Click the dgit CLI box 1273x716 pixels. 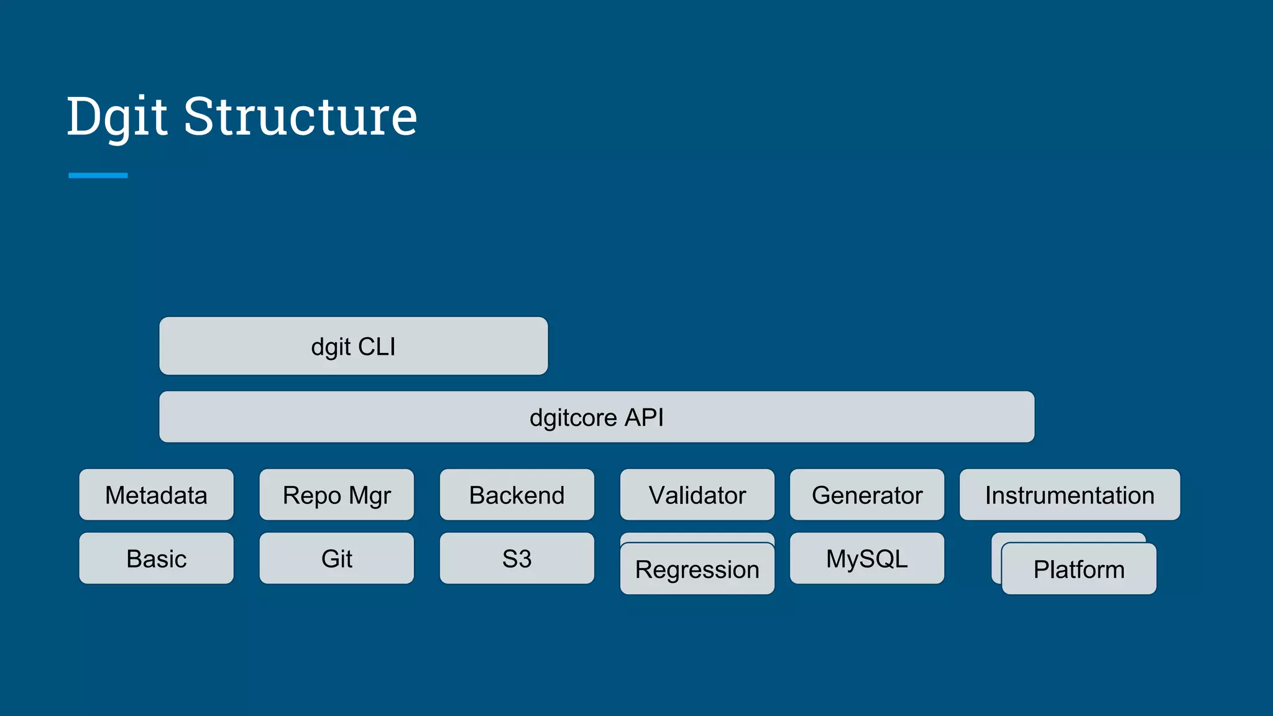point(353,346)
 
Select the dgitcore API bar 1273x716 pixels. point(597,417)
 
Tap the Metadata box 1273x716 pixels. point(156,495)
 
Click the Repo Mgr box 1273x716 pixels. point(336,495)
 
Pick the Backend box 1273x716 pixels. point(517,495)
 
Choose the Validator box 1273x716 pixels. point(697,495)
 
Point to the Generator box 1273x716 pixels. point(866,495)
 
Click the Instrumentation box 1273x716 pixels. point(1069,495)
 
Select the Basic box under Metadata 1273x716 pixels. point(156,558)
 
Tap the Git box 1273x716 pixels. point(336,558)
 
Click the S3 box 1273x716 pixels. point(517,558)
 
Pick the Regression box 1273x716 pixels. point(697,569)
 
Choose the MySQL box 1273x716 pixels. point(866,558)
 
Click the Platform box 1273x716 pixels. point(1078,569)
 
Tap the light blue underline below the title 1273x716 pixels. point(98,175)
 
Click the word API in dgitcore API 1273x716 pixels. point(644,417)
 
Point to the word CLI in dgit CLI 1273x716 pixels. point(377,346)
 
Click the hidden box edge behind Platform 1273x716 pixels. point(996,559)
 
